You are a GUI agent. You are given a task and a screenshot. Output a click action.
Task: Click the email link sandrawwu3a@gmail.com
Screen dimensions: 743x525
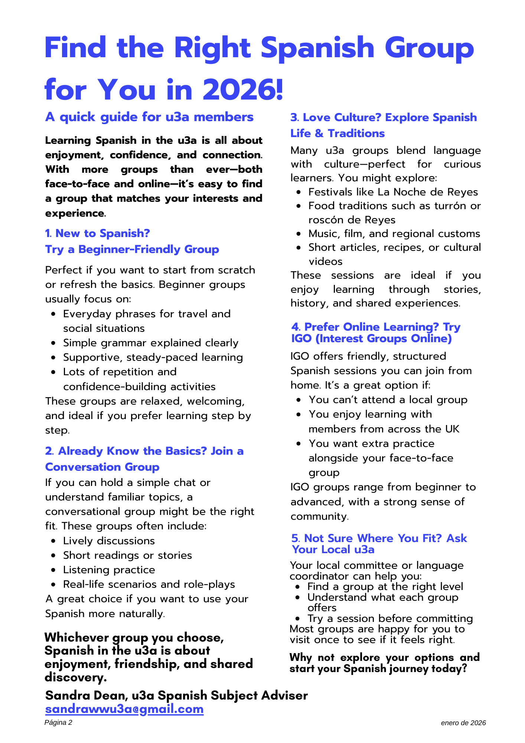pos(124,709)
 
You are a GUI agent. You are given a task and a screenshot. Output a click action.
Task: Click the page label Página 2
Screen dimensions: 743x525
pos(58,723)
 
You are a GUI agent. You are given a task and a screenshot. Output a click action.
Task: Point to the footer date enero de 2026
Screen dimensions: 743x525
pos(463,723)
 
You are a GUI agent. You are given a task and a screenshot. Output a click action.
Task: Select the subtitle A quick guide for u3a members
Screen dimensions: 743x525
pos(149,117)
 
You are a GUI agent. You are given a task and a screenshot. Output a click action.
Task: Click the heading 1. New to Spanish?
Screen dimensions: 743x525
pos(97,233)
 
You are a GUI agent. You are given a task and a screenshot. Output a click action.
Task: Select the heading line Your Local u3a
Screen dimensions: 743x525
pos(333,549)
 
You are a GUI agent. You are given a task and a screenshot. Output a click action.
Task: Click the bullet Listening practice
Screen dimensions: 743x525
pos(109,570)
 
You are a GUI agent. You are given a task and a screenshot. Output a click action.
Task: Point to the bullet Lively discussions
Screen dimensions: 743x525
pos(109,541)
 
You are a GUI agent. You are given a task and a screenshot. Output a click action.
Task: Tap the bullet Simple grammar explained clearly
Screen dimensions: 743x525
pos(150,343)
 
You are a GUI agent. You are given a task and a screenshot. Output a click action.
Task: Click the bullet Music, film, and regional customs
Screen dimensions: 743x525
pos(394,234)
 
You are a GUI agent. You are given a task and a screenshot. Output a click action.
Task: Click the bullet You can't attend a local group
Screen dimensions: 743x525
pos(388,400)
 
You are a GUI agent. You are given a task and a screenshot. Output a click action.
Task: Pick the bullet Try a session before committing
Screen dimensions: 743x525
pos(390,619)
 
